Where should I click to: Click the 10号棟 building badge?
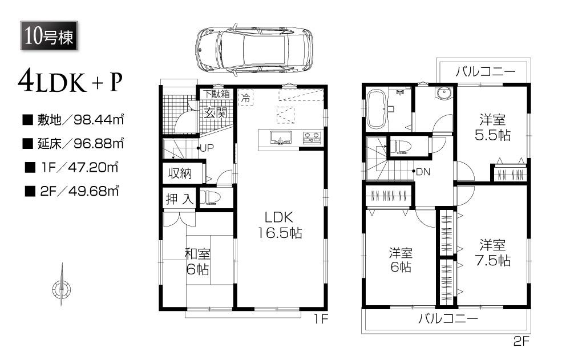click(x=47, y=37)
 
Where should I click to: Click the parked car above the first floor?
click(x=254, y=50)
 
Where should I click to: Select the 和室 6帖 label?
click(x=197, y=262)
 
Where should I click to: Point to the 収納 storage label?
click(x=179, y=173)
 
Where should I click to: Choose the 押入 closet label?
click(x=179, y=199)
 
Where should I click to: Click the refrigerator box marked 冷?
click(x=245, y=98)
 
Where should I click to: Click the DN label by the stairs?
click(x=423, y=172)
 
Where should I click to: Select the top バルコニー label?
click(x=485, y=72)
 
